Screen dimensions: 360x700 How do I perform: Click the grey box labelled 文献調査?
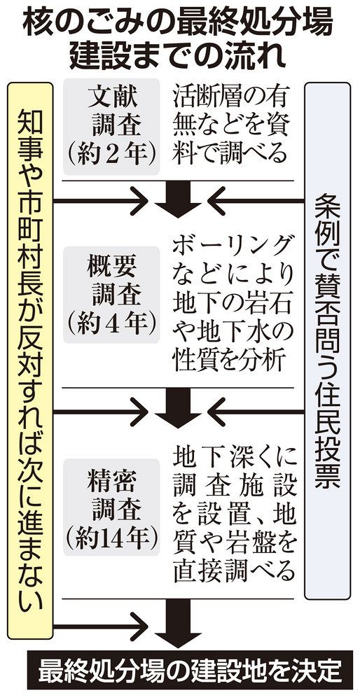click(x=111, y=127)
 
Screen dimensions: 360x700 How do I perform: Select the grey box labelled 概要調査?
click(x=111, y=295)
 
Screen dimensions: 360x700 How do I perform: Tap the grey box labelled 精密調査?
click(x=111, y=507)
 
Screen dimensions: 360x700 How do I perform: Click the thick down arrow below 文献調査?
click(x=178, y=199)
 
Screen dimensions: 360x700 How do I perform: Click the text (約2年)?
click(x=111, y=155)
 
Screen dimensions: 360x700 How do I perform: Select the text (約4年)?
click(x=111, y=322)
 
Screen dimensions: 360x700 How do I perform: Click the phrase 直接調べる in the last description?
click(x=234, y=570)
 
